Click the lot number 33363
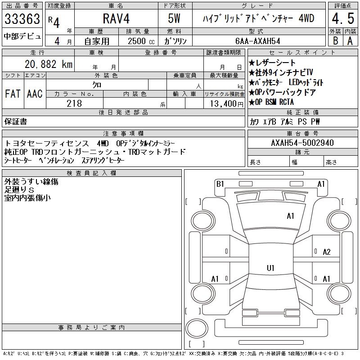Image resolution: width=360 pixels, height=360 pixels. (22, 19)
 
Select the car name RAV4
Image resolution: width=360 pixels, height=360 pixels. (116, 18)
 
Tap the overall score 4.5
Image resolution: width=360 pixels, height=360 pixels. (343, 18)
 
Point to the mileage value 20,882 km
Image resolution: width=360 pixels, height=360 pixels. (49, 64)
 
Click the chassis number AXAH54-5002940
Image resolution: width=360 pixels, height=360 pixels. (302, 143)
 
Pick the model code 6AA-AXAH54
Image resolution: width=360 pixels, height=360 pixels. (257, 41)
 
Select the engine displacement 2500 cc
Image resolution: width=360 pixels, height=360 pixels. (141, 41)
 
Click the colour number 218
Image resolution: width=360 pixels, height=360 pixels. (74, 103)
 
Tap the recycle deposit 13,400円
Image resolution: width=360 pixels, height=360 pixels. (226, 104)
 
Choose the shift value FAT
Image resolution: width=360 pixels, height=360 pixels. (13, 94)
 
